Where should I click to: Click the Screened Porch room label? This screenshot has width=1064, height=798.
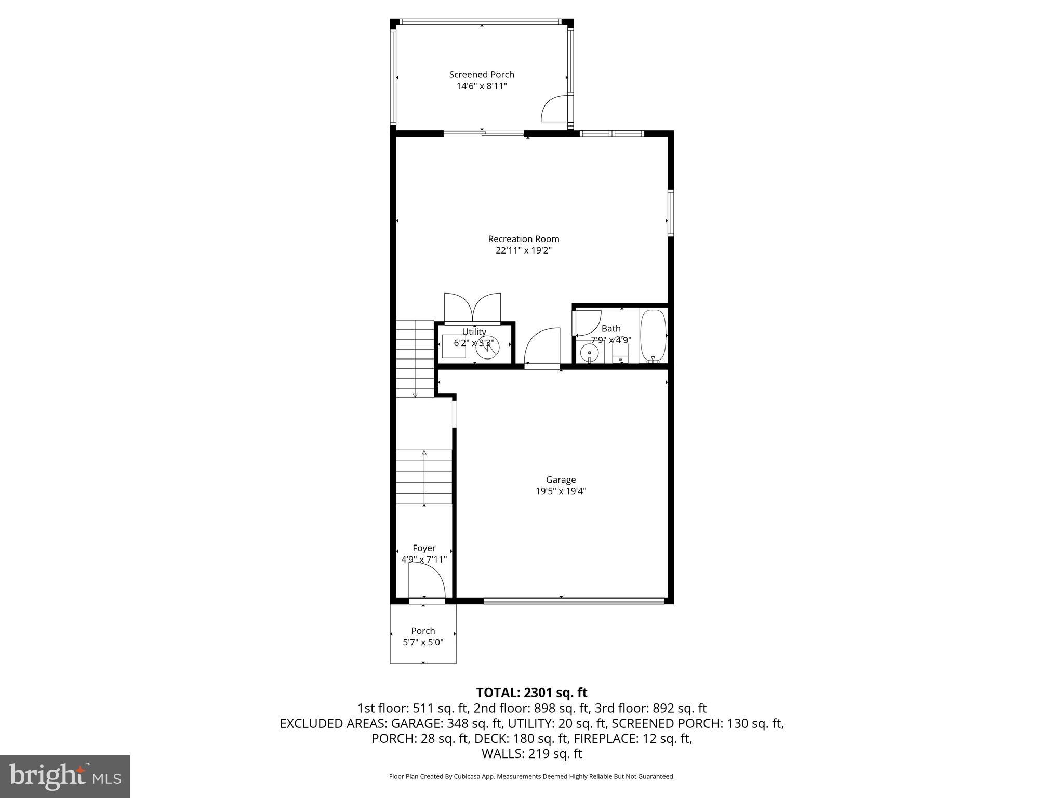point(482,74)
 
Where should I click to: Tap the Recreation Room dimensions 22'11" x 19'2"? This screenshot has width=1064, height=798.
point(523,250)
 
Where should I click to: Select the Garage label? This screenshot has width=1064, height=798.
point(561,480)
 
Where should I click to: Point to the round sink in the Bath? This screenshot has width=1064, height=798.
point(590,353)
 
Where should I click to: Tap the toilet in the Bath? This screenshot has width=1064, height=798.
point(620,354)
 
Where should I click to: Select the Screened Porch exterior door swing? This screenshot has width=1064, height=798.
point(555,109)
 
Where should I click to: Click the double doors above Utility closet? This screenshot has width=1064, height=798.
point(472,309)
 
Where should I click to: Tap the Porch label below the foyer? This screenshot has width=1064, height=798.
point(423,631)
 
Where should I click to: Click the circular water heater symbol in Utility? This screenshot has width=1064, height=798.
point(488,348)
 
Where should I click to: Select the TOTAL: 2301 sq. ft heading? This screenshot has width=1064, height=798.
point(531,693)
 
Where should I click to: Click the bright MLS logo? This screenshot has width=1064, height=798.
point(64,776)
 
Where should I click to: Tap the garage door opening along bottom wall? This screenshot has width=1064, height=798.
point(574,602)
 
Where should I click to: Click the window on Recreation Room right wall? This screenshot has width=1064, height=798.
point(671,213)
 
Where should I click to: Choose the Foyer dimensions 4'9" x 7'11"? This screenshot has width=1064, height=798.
point(424,560)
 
